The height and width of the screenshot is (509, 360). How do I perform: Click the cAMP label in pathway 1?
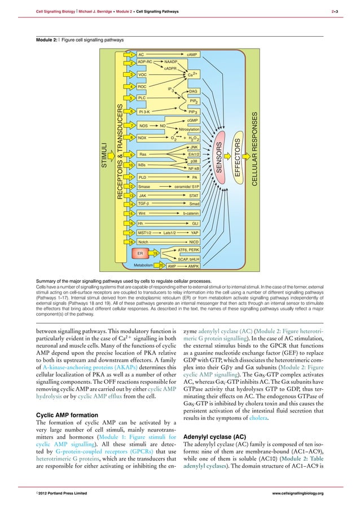(191, 55)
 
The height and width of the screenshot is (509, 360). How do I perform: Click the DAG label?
(192, 91)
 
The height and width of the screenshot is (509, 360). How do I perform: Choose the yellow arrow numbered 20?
(161, 265)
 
